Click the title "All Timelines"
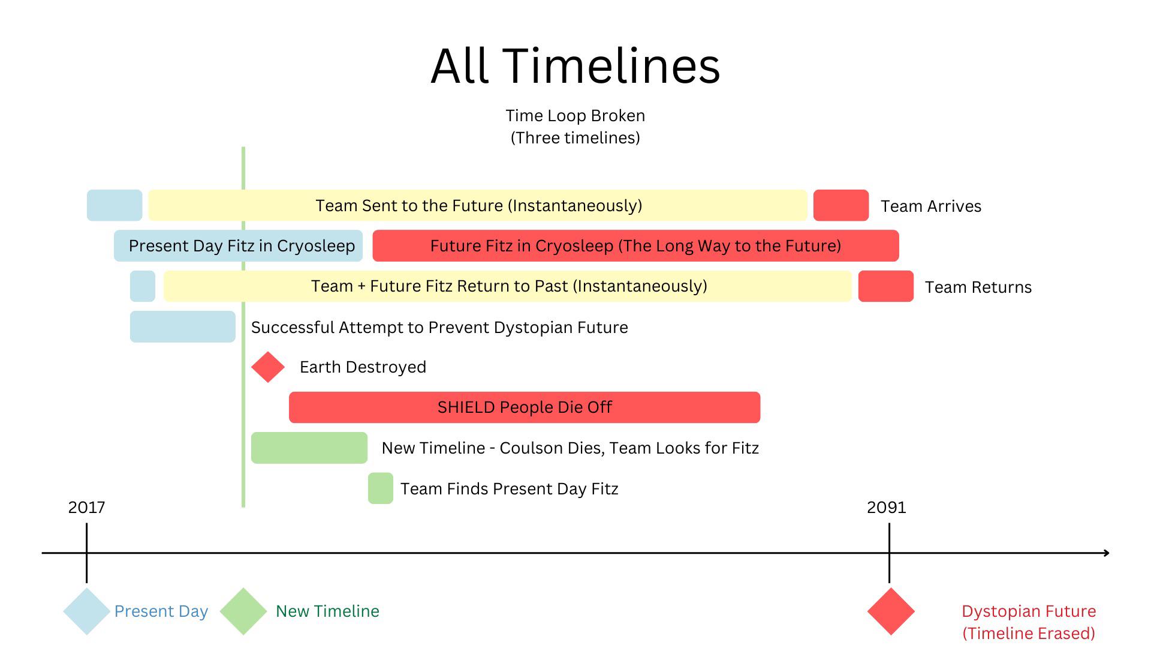575,66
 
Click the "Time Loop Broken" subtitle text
575,116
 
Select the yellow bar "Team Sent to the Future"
478,206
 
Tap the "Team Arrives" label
930,206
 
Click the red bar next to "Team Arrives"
840,206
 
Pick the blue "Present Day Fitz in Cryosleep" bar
239,246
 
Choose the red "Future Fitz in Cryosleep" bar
635,246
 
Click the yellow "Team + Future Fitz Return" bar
508,286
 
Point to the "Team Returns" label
978,287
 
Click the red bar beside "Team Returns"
885,286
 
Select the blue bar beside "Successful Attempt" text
182,327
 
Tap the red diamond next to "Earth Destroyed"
268,367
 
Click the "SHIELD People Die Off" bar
524,407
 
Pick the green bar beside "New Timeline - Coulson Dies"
309,448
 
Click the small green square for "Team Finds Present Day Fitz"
380,488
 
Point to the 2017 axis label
86,508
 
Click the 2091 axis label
886,508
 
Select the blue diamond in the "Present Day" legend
86,611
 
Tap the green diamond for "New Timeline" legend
243,611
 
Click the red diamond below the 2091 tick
891,611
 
